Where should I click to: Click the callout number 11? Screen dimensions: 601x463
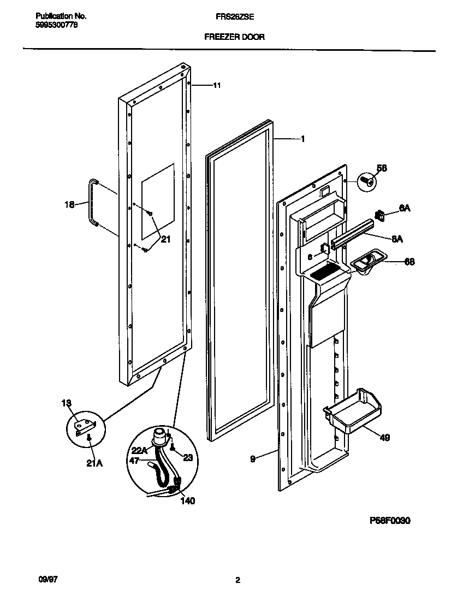(217, 85)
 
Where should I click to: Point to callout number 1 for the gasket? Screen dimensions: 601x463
(302, 139)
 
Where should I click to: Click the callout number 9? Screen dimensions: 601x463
(252, 459)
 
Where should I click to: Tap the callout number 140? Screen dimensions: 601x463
(187, 500)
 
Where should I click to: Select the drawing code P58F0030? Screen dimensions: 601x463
(390, 521)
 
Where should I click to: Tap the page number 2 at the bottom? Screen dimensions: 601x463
(238, 581)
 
